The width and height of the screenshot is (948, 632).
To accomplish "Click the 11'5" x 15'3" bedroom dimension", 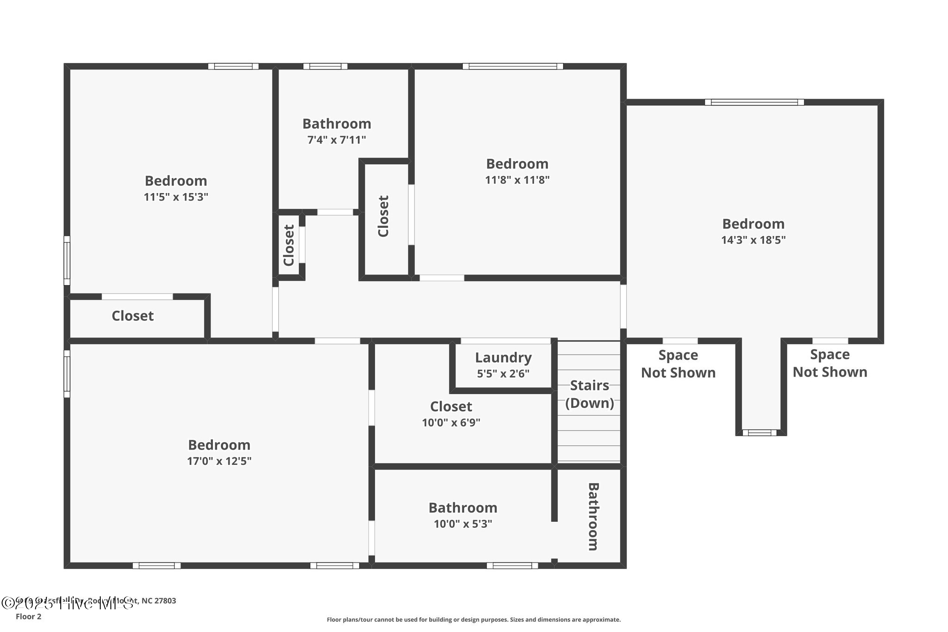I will pyautogui.click(x=176, y=197).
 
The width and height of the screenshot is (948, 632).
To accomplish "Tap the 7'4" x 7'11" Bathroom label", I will pyautogui.click(x=337, y=124).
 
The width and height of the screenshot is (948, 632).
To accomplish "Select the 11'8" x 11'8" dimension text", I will pyautogui.click(x=517, y=180).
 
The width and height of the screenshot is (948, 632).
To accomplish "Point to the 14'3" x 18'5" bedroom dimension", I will pyautogui.click(x=753, y=240).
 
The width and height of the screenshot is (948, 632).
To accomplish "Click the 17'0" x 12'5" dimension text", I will pyautogui.click(x=219, y=461).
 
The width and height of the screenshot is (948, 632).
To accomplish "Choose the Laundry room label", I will pyautogui.click(x=503, y=357).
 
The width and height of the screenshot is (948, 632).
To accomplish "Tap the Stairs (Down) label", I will pyautogui.click(x=589, y=394).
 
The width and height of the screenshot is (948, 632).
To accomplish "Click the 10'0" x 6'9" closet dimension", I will pyautogui.click(x=451, y=423).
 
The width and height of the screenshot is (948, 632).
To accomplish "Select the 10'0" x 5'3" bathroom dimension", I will pyautogui.click(x=462, y=524).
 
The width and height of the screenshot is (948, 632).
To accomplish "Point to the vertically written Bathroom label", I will pyautogui.click(x=593, y=516).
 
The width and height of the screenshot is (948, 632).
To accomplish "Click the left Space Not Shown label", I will pyautogui.click(x=678, y=364).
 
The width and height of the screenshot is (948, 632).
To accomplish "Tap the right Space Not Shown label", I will pyautogui.click(x=829, y=363).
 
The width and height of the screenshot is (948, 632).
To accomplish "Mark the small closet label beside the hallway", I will pyautogui.click(x=289, y=245).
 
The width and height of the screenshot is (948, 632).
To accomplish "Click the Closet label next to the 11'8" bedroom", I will pyautogui.click(x=383, y=216).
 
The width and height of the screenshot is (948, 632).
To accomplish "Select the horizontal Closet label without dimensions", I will pyautogui.click(x=132, y=316).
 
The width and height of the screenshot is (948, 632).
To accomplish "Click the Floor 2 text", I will pyautogui.click(x=28, y=617).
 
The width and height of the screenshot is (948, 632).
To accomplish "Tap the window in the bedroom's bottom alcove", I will pyautogui.click(x=760, y=433).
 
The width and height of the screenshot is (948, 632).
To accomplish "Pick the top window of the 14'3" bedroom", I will pyautogui.click(x=754, y=102).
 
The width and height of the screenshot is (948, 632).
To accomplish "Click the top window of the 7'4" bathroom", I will pyautogui.click(x=325, y=66).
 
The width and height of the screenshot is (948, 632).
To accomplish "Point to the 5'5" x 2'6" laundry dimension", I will pyautogui.click(x=503, y=374).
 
